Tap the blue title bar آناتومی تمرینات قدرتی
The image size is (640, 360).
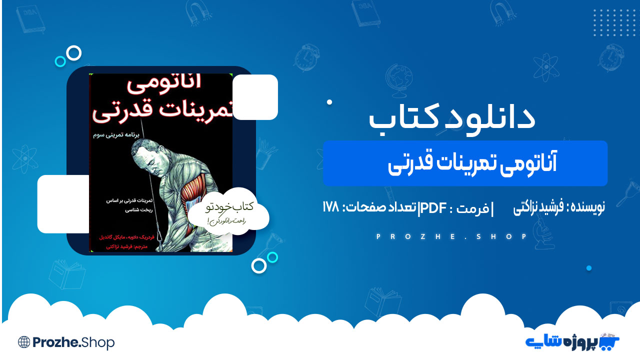pyautogui.click(x=465, y=163)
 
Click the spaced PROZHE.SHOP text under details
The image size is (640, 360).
pyautogui.click(x=452, y=236)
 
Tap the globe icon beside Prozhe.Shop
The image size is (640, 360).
pyautogui.click(x=23, y=342)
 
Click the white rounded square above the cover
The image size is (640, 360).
pyautogui.click(x=255, y=97)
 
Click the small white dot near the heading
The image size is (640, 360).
pyautogui.click(x=329, y=102)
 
